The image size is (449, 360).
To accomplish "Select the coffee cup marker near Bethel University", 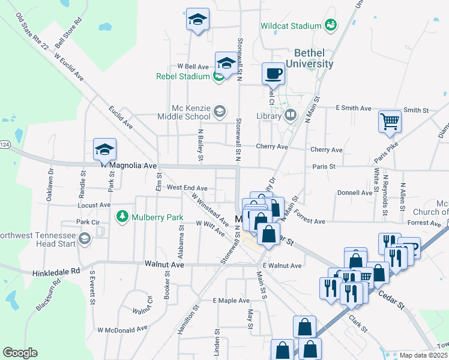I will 273,73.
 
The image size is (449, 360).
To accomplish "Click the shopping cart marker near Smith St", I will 390,122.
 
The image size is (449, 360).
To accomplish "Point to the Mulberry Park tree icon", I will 122,215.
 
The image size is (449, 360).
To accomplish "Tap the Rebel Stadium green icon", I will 219,76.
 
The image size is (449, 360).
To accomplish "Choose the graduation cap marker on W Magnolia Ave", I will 104,150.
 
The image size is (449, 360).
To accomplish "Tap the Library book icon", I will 291,115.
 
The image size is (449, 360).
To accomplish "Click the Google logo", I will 20,353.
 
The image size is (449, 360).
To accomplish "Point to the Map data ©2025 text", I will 424,355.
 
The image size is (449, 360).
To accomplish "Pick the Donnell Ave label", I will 355,193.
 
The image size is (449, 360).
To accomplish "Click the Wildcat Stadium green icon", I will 330,25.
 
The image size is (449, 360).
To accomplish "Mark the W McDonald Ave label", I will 122,329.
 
